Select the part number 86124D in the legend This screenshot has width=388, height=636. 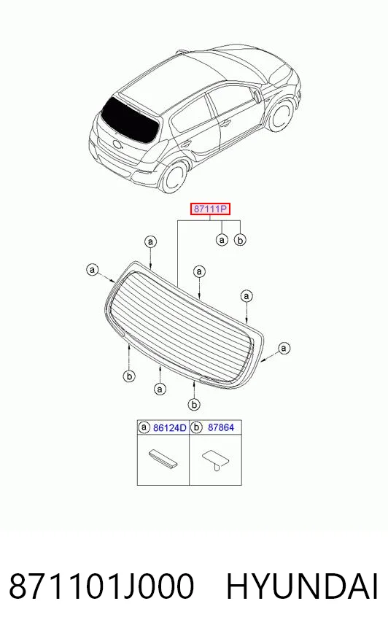point(169,427)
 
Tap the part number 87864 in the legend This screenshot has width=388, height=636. point(221,427)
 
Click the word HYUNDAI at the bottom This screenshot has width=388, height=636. point(302,586)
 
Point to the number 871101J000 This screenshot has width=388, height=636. point(101,586)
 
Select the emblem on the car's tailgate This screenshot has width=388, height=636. point(117,144)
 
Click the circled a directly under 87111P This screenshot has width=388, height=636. point(222,240)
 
